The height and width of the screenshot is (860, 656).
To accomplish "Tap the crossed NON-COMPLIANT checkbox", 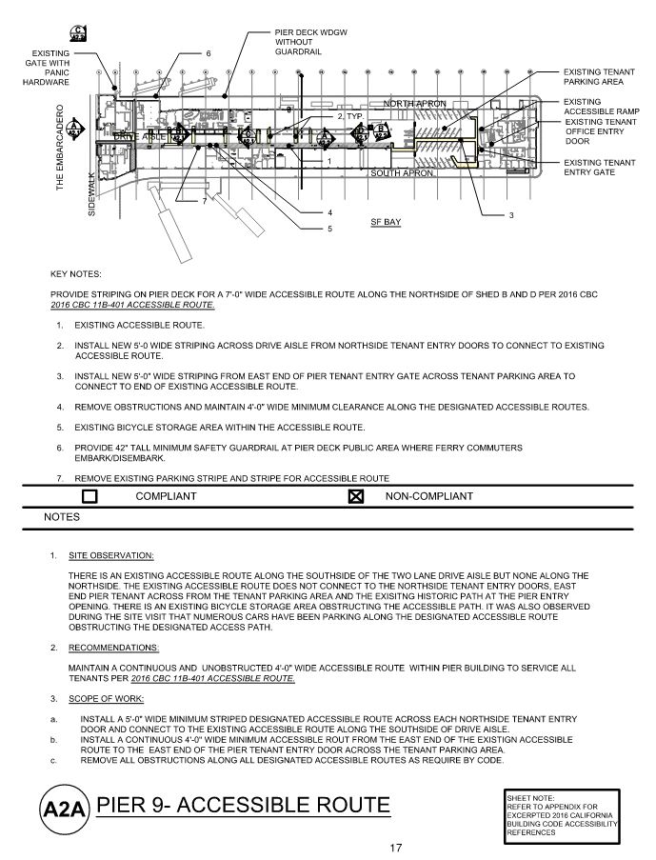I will (x=357, y=496).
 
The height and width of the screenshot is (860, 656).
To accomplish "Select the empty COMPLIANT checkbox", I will (x=90, y=496).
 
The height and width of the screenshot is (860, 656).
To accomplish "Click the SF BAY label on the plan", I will (x=386, y=221).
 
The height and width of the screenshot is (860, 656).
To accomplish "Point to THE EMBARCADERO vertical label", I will (x=59, y=149).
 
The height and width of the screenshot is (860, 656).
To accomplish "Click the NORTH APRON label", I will (x=414, y=103).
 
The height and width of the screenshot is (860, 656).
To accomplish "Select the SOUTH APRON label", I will (x=403, y=173).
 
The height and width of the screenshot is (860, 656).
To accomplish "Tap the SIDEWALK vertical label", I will (x=92, y=193).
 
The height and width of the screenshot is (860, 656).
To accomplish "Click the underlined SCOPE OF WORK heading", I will (x=108, y=698).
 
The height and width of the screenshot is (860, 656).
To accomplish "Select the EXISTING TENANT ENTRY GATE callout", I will (x=599, y=168).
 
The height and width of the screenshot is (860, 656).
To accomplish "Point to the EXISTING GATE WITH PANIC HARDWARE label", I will (x=46, y=68).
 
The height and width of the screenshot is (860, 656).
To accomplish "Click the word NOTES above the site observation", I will (x=63, y=518).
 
